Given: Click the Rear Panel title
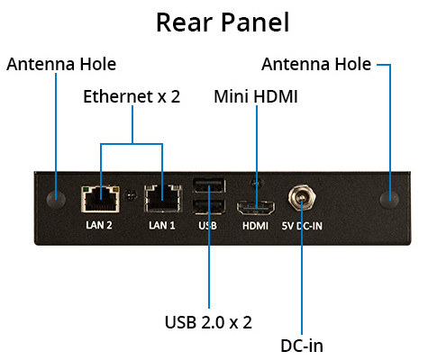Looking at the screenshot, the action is click(x=223, y=22).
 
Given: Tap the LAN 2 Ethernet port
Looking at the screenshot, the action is click(x=100, y=199).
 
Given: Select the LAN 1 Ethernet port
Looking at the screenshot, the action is click(x=163, y=199).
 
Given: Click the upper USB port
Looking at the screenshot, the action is click(x=209, y=185).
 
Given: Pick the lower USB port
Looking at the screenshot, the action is click(x=209, y=206).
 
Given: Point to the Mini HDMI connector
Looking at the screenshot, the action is click(x=256, y=208).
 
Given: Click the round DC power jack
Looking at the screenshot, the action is click(x=302, y=197).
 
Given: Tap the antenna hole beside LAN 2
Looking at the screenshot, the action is click(x=56, y=199).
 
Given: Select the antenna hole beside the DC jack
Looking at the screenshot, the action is click(x=389, y=199).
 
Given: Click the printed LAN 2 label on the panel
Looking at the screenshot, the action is click(x=99, y=225).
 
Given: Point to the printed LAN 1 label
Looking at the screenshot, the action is click(x=162, y=225).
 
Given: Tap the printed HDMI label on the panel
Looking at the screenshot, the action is click(x=255, y=226).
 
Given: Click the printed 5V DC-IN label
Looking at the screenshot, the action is click(x=302, y=226).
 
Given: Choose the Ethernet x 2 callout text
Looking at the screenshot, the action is click(x=132, y=96).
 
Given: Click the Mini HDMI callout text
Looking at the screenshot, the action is click(x=256, y=96).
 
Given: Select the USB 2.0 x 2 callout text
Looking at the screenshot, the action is click(x=208, y=322).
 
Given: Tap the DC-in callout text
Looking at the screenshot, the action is click(x=302, y=346).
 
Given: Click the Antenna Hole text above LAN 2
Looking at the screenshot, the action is click(x=61, y=64).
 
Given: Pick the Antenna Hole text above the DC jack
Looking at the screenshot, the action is click(x=316, y=64).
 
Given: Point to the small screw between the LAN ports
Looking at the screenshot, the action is click(x=130, y=195).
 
